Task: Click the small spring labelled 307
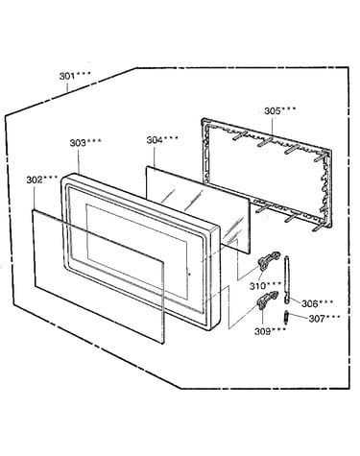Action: point(286,318)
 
